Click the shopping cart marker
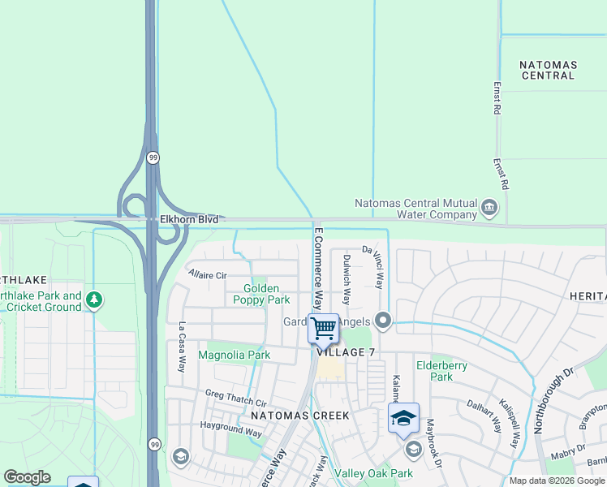(323, 329)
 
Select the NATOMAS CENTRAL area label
(549, 70)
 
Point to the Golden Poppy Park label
(261, 294)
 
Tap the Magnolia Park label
(234, 355)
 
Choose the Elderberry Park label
(441, 371)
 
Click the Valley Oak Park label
(374, 473)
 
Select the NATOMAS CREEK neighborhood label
(299, 416)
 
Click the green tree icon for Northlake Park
(95, 300)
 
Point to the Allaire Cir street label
(207, 275)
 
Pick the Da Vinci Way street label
(374, 266)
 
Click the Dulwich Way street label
(347, 278)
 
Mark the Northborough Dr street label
(545, 398)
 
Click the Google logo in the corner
(27, 477)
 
